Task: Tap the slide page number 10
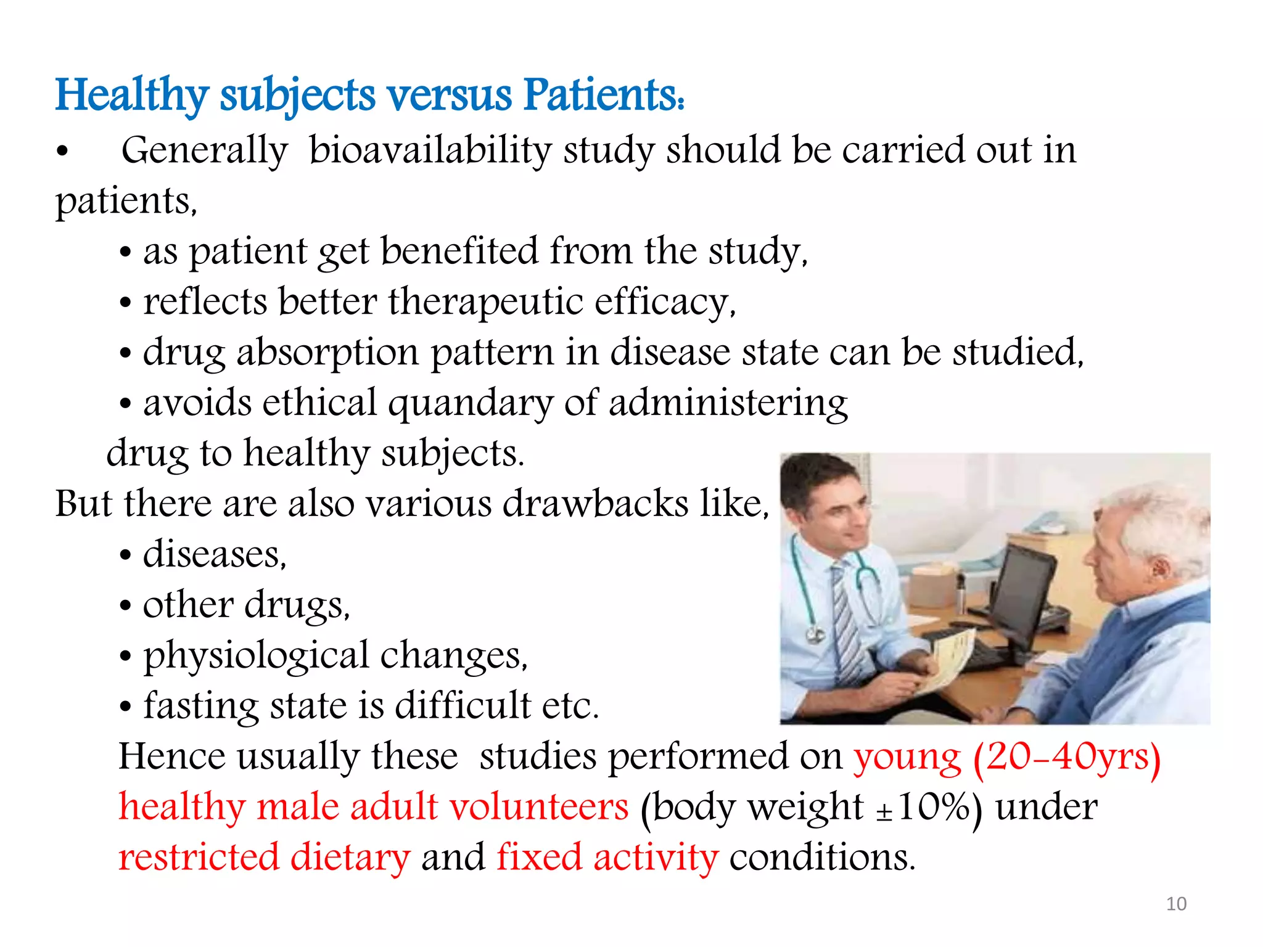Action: [x=1176, y=904]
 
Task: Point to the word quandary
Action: [x=471, y=403]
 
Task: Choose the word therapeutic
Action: [x=485, y=302]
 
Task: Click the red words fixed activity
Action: [x=607, y=858]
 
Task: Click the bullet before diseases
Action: [x=126, y=555]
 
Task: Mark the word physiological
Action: [x=256, y=655]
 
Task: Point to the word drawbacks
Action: [x=595, y=504]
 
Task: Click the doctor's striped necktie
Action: [x=846, y=623]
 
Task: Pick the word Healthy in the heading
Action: [x=132, y=96]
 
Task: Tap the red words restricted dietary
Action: [x=264, y=858]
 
